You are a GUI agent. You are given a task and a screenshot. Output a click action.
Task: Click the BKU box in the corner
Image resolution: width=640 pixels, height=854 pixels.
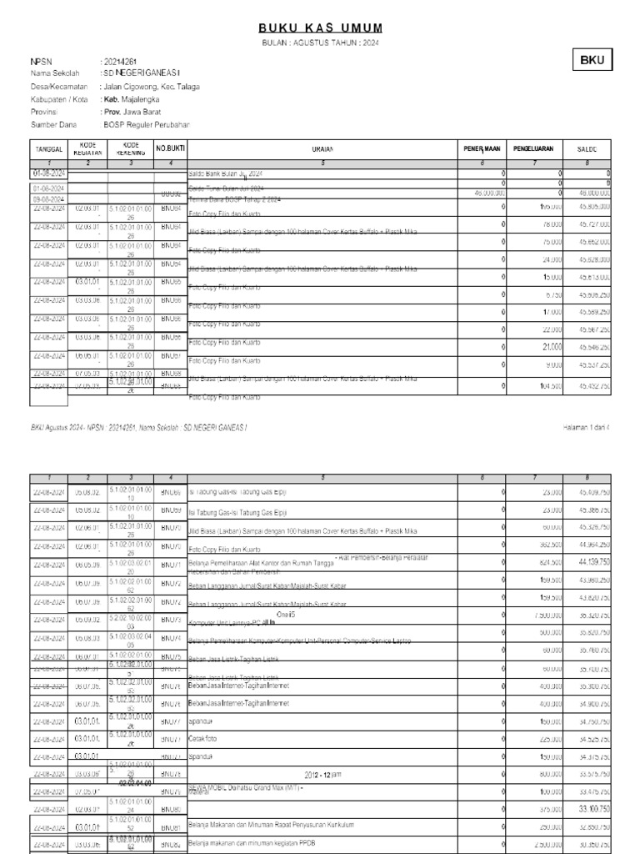point(592,60)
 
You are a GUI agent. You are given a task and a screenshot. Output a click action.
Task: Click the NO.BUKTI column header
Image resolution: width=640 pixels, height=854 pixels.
point(170,148)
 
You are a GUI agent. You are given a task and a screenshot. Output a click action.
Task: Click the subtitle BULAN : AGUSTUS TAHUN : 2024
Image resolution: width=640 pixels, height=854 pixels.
point(321,43)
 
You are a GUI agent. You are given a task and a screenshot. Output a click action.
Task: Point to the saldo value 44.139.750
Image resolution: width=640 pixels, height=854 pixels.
point(587,564)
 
